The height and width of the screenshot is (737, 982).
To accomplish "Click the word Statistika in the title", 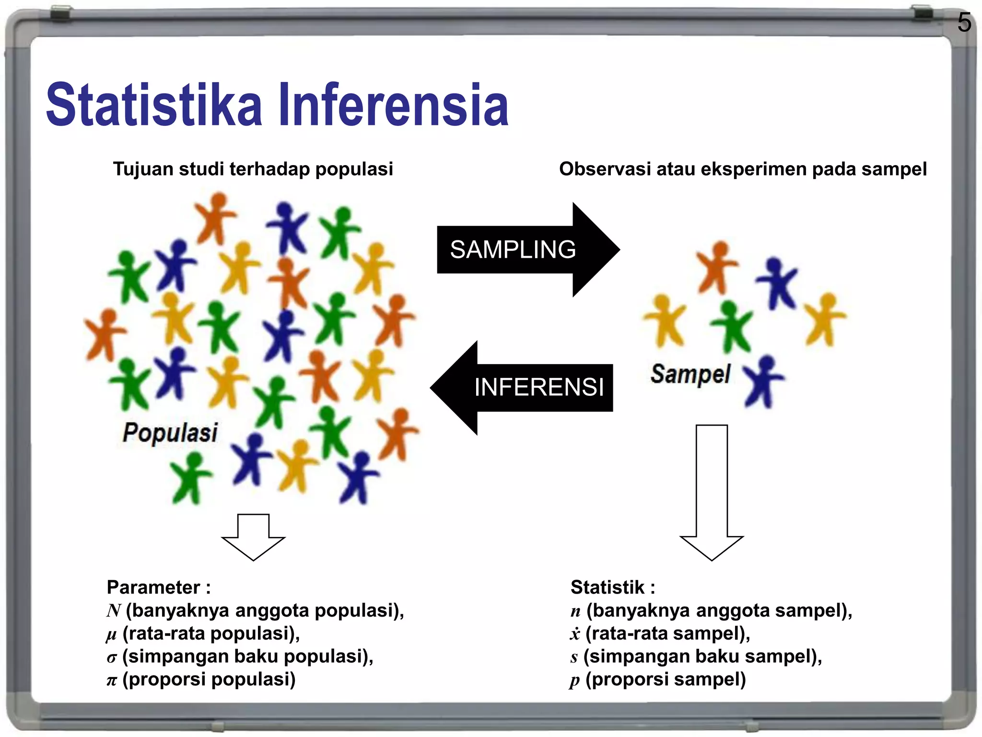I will point(153,105).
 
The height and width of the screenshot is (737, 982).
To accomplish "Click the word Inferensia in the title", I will point(393,105).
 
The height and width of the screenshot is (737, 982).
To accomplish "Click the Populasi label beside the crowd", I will point(170,432).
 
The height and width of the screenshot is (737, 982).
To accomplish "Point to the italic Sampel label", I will point(690,374).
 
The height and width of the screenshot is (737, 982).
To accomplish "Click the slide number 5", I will point(964,23).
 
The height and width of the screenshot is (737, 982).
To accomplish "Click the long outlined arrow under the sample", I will point(712,494).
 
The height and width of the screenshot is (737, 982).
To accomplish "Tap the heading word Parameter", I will point(153,587).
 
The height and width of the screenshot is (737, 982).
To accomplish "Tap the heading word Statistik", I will point(608,587).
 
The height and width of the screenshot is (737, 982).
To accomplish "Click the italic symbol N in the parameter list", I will point(114,611).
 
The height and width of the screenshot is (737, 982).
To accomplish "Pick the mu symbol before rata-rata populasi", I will point(111,635).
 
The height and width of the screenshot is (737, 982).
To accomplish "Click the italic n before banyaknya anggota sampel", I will point(575,611).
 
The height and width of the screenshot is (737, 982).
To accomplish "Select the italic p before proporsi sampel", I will point(574,681).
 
